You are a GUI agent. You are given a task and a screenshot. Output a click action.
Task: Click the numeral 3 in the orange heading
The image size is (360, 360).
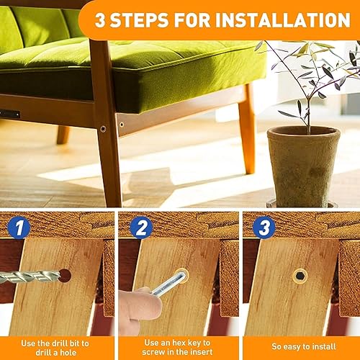coord(100,20)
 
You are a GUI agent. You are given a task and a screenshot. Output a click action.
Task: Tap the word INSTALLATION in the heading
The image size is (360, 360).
coord(283,20)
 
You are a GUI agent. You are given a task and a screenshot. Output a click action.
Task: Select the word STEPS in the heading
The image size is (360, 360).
coord(140,20)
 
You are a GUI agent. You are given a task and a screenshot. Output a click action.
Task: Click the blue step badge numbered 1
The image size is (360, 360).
coord(19,228)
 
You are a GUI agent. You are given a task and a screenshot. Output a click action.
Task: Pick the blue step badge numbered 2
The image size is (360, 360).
coord(141,228)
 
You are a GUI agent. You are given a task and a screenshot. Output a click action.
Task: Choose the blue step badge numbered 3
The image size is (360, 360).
coord(264,228)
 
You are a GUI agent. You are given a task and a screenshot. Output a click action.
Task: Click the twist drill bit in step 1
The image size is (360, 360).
coord(30,276)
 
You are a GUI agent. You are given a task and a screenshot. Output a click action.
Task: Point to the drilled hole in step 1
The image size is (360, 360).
coord(66,276)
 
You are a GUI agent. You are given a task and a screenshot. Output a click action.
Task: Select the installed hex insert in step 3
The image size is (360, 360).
coord(300,276)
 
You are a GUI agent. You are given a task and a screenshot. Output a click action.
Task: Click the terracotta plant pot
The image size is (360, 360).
coord(304,166)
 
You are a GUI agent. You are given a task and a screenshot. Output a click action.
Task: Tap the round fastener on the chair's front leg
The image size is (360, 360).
coord(103,129)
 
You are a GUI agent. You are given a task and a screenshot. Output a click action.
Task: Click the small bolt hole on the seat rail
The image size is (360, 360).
coord(122,125)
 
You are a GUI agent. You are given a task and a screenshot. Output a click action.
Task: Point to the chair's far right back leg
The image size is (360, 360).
coord(247,128)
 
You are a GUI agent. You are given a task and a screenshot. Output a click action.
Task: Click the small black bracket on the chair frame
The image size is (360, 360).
coord(9,114)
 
